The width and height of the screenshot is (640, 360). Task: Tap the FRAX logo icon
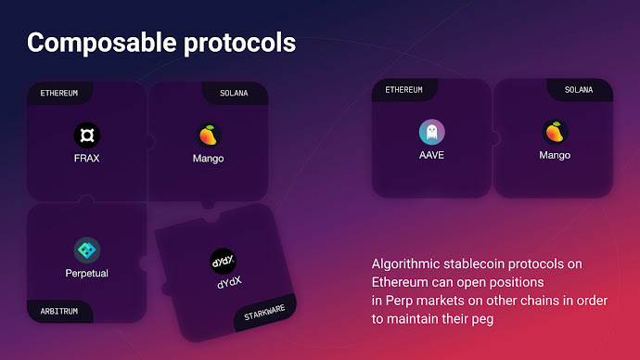pyautogui.click(x=86, y=135)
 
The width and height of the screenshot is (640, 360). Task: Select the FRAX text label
pyautogui.click(x=86, y=158)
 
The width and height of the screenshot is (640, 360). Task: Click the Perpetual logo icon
pyautogui.click(x=87, y=250)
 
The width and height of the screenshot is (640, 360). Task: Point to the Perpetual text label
pyautogui.click(x=87, y=274)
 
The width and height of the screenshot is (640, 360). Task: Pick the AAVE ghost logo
pyautogui.click(x=431, y=132)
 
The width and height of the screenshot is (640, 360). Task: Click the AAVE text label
pyautogui.click(x=431, y=155)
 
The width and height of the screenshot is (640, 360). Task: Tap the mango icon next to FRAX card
pyautogui.click(x=208, y=135)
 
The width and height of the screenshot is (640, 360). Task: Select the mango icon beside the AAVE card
pyautogui.click(x=555, y=132)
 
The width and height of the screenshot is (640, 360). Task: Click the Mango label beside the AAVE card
pyautogui.click(x=555, y=155)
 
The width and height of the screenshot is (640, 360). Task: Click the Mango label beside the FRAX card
pyautogui.click(x=208, y=158)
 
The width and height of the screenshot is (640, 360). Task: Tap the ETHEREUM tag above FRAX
pyautogui.click(x=58, y=93)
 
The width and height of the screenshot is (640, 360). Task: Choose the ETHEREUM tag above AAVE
pyautogui.click(x=403, y=90)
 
